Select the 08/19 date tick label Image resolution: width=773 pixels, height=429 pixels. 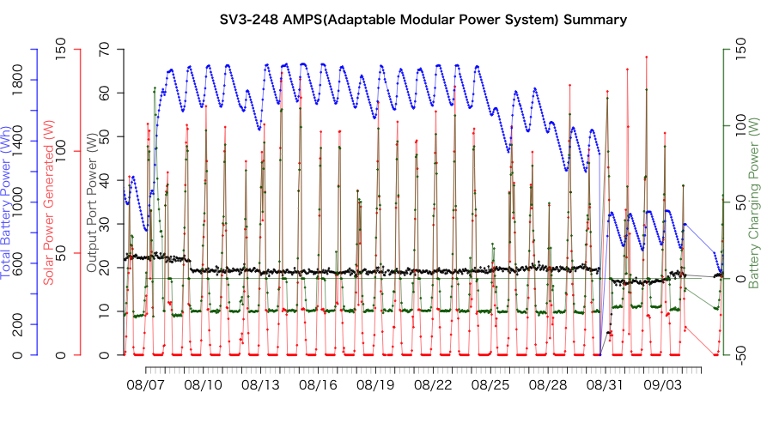tap(375, 387)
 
